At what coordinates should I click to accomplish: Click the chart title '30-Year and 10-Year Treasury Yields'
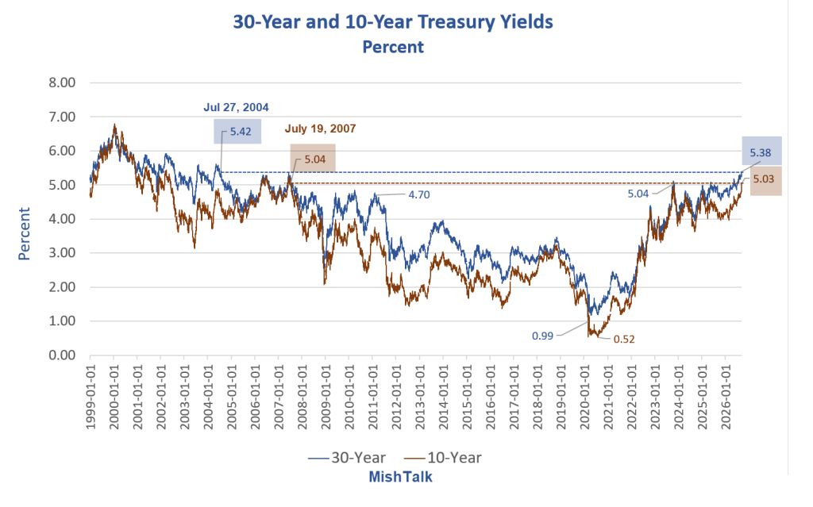pyautogui.click(x=392, y=21)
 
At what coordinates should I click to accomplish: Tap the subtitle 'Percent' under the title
pyautogui.click(x=392, y=47)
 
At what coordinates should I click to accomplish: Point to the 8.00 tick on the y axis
pyautogui.click(x=62, y=83)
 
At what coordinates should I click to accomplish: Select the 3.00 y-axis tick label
pyautogui.click(x=62, y=253)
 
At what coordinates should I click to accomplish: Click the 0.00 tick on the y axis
pyautogui.click(x=62, y=355)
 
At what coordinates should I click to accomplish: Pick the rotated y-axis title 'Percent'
pyautogui.click(x=24, y=233)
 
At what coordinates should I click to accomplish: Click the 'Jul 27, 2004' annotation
pyautogui.click(x=236, y=107)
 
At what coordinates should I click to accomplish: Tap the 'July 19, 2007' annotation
pyautogui.click(x=320, y=129)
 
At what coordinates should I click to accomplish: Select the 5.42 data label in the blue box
pyautogui.click(x=241, y=132)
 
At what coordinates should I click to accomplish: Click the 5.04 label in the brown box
pyautogui.click(x=314, y=159)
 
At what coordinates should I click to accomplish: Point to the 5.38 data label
pyautogui.click(x=760, y=153)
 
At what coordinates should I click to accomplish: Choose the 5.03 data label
pyautogui.click(x=763, y=179)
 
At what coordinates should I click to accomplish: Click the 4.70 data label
pyautogui.click(x=419, y=195)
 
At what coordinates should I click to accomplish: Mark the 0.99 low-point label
pyautogui.click(x=542, y=336)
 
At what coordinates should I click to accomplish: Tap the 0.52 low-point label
pyautogui.click(x=624, y=339)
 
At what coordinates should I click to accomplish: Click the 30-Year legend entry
pyautogui.click(x=347, y=458)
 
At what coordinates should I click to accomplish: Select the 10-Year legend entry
pyautogui.click(x=443, y=458)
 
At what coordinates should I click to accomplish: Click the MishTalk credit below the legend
pyautogui.click(x=400, y=477)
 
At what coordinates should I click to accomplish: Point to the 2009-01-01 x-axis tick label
pyautogui.click(x=326, y=397)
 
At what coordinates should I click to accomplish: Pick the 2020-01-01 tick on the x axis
pyautogui.click(x=584, y=397)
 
